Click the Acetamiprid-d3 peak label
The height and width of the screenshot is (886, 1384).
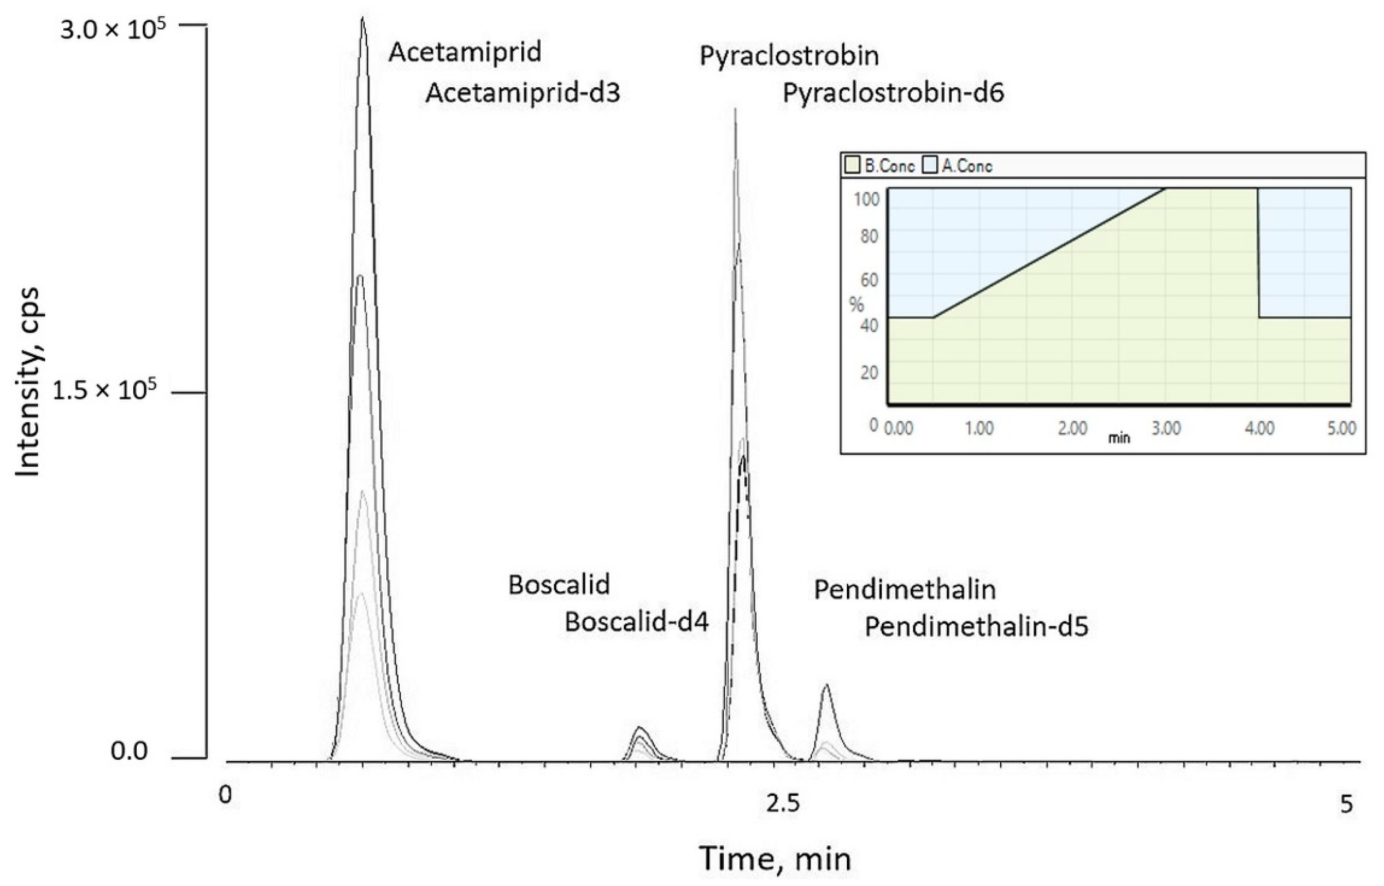[x=522, y=92]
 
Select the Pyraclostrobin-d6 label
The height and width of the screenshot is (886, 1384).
[x=893, y=92]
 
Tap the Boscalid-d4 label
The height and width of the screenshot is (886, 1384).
[x=636, y=622]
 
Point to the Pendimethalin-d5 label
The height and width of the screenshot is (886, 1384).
[x=976, y=627]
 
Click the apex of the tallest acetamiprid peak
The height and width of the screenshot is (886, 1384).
[x=362, y=19]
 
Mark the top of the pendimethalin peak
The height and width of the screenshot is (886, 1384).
[x=827, y=685]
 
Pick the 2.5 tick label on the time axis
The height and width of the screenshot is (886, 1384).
[x=783, y=804]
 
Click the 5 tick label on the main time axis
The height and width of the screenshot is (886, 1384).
[x=1346, y=804]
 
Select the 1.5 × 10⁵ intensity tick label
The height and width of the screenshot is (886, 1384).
[x=104, y=391]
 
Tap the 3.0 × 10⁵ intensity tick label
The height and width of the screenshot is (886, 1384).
[x=112, y=29]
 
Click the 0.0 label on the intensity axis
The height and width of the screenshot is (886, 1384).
[x=129, y=751]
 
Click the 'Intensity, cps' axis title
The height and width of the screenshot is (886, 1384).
[x=27, y=382]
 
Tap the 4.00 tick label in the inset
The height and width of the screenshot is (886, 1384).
[x=1259, y=428]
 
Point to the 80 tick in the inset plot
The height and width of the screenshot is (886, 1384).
[x=869, y=236]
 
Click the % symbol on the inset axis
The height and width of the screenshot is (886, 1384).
[x=857, y=304]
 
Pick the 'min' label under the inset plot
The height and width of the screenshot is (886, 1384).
[x=1119, y=439]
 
